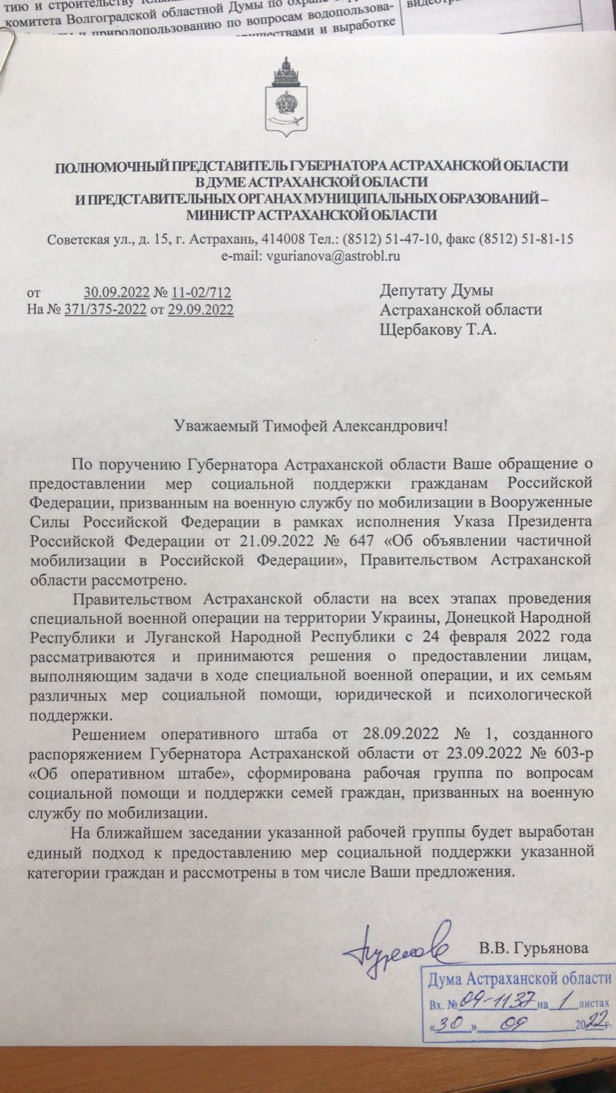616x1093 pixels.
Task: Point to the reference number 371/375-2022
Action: [105, 310]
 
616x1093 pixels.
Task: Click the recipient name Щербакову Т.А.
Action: [438, 329]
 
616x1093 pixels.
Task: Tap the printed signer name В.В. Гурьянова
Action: [533, 948]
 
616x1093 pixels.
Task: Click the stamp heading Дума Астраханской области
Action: [520, 979]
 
